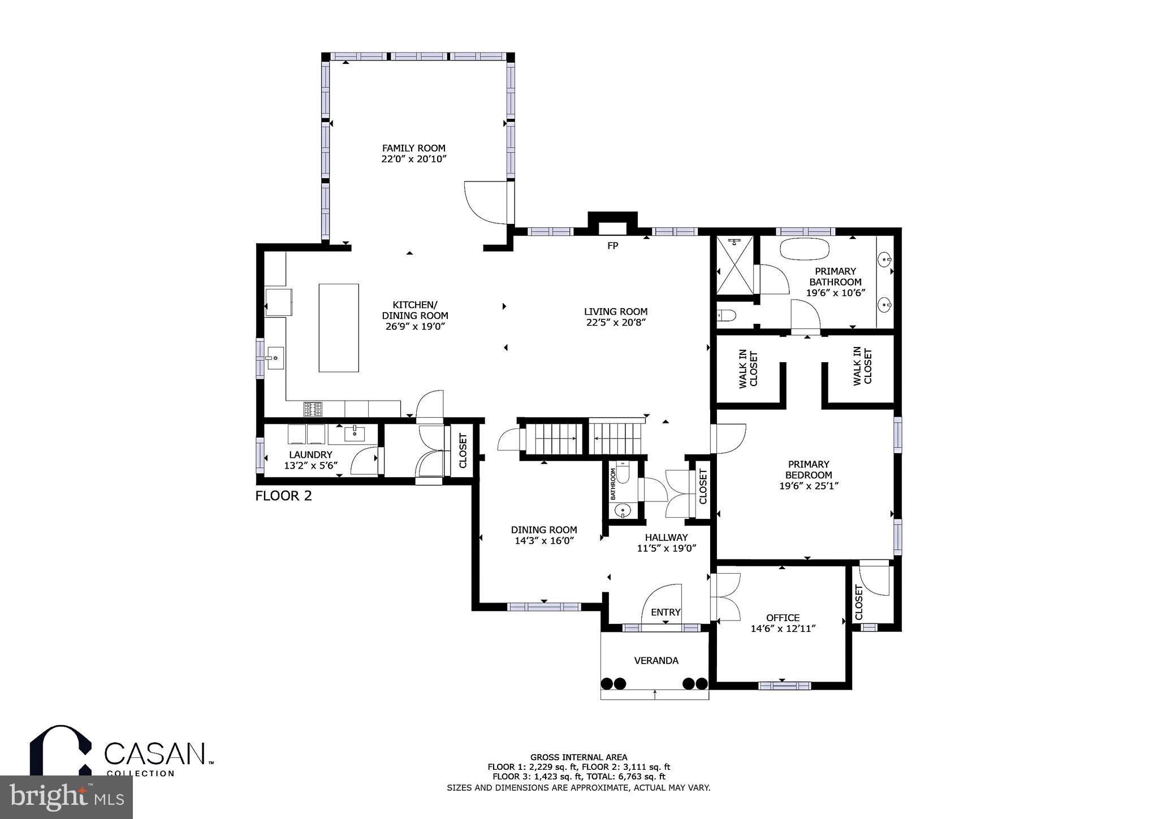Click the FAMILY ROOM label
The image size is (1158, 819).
413,148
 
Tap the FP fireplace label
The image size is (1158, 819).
612,246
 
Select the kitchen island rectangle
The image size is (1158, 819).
339,328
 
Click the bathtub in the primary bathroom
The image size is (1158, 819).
805,249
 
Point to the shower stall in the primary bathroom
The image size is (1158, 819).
735,266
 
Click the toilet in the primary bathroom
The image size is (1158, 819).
726,315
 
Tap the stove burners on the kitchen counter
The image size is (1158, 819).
313,409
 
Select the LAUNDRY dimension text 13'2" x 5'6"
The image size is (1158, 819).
310,466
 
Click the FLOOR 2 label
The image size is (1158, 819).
283,496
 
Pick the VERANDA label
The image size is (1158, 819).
656,660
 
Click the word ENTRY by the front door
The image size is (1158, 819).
666,612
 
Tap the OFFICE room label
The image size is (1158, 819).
783,618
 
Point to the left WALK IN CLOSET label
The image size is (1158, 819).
747,369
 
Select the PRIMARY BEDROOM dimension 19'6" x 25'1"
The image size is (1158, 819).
808,486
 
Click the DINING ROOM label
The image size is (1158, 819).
544,530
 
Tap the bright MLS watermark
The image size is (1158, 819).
66,797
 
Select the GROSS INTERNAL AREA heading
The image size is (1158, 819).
578,757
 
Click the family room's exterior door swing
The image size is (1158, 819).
485,202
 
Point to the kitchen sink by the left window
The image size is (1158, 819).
275,358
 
